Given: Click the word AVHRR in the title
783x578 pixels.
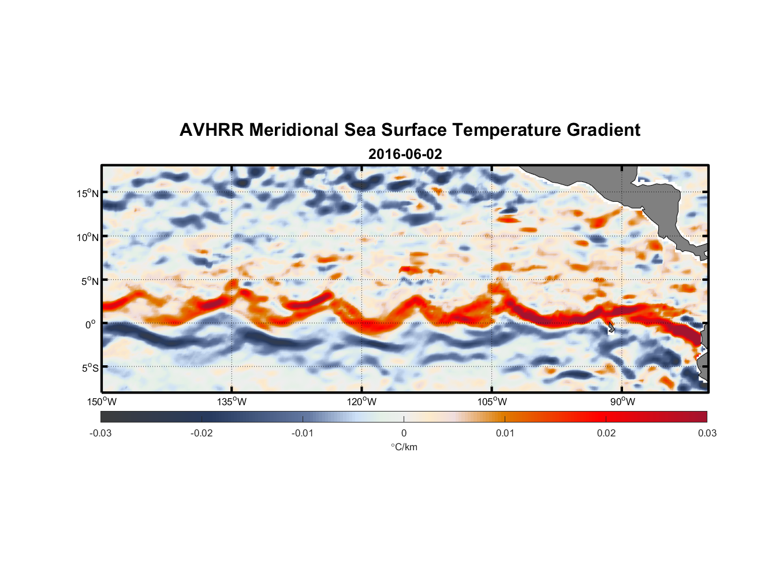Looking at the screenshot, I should [211, 130].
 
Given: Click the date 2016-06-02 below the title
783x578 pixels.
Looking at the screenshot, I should [405, 154].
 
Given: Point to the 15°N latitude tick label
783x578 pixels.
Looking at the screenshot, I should [87, 194].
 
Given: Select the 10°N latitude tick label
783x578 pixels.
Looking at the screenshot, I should [87, 238].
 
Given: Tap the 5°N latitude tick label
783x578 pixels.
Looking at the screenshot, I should [90, 281].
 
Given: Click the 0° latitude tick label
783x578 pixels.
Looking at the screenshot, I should [91, 325].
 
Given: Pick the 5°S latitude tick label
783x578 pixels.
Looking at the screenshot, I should [90, 368].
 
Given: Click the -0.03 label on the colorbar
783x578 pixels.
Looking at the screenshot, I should [100, 433].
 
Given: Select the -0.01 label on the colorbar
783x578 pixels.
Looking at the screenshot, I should [303, 433].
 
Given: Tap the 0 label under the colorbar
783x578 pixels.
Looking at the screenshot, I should [404, 433].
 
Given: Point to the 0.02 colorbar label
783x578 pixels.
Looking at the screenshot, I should [606, 433].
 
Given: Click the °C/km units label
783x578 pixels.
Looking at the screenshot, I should [404, 447].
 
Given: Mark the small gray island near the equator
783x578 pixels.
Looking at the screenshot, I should [610, 328].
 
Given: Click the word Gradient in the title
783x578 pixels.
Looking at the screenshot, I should [603, 130].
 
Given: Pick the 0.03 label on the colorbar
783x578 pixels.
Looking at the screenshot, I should [707, 433].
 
